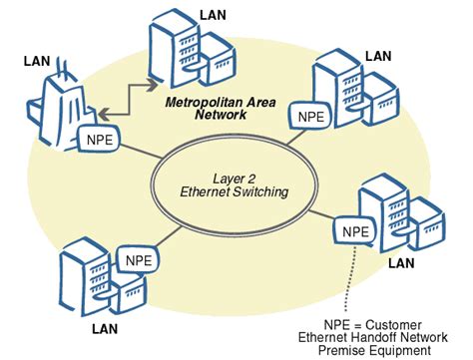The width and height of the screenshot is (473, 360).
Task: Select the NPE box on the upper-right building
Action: [309, 118]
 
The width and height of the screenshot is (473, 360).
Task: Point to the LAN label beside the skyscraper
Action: [36, 62]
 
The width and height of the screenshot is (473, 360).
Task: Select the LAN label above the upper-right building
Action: [377, 57]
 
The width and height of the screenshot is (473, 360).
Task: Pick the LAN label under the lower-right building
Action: [400, 264]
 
